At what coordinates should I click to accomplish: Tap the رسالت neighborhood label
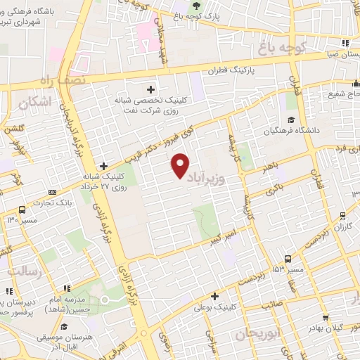coord(25,270)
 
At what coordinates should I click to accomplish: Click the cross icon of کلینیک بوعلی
coord(214,296)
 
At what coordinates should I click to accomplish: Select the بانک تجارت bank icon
coord(52,192)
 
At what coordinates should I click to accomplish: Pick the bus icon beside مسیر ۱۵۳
coord(288,259)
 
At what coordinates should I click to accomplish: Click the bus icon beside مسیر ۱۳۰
coord(22,209)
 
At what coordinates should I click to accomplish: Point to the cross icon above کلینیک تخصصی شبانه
coord(150,89)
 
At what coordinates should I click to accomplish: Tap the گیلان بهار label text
coord(328,328)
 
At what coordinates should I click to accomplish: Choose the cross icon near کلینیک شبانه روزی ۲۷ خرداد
coord(103,165)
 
